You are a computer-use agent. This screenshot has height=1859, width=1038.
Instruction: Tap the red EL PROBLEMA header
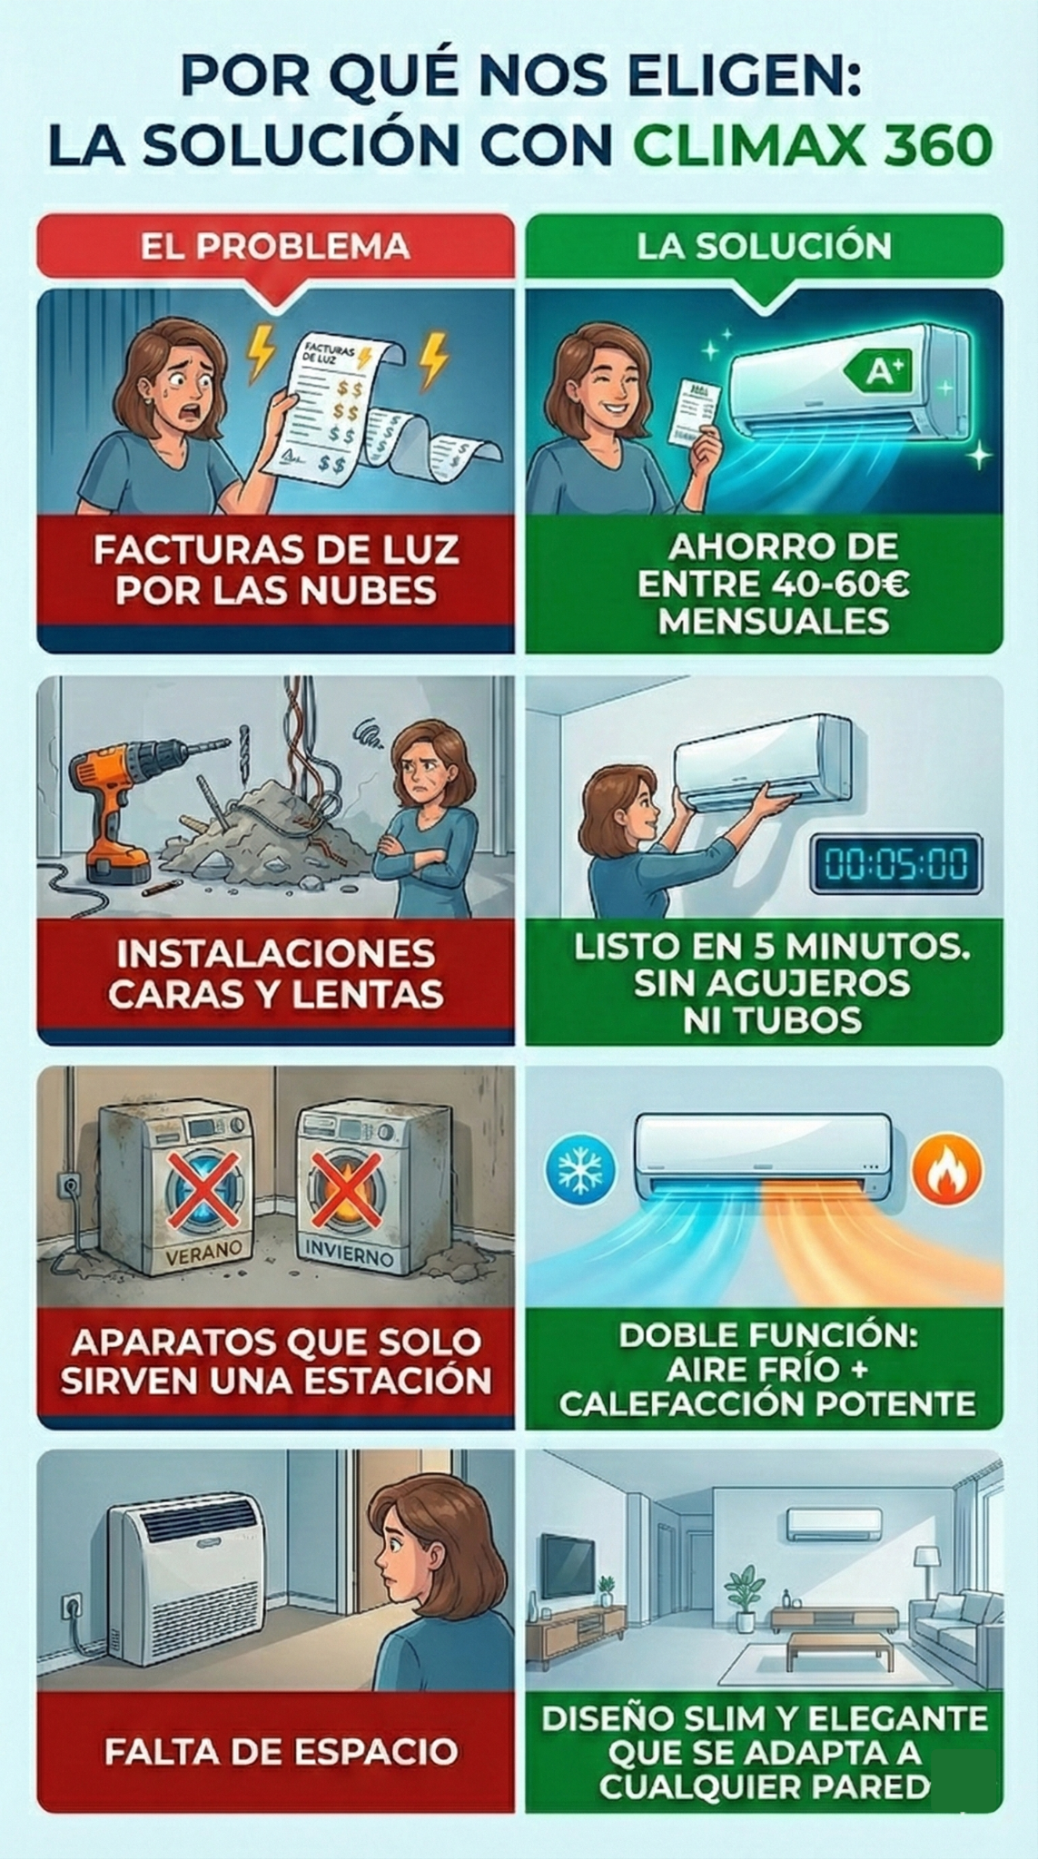[275, 246]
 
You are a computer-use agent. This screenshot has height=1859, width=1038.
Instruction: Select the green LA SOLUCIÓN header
[764, 246]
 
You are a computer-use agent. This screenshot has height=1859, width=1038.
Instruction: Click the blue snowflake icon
[579, 1170]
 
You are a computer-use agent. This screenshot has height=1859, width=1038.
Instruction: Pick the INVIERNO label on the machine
[349, 1255]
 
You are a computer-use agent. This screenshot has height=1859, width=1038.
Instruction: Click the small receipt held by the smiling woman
[694, 413]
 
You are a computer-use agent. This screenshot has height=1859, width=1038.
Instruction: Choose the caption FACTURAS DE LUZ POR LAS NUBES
[276, 570]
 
